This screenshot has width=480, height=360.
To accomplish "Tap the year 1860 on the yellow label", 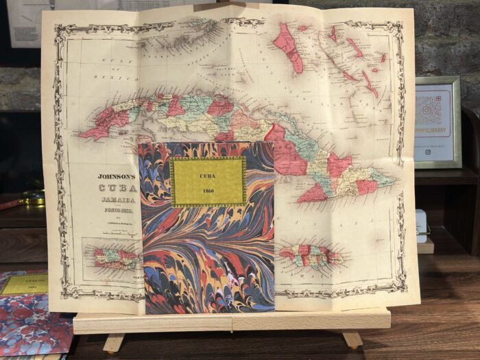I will click(208, 190).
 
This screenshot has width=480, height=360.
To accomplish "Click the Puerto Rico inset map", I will click(116, 257).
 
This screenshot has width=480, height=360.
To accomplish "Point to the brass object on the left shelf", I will click(31, 198).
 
